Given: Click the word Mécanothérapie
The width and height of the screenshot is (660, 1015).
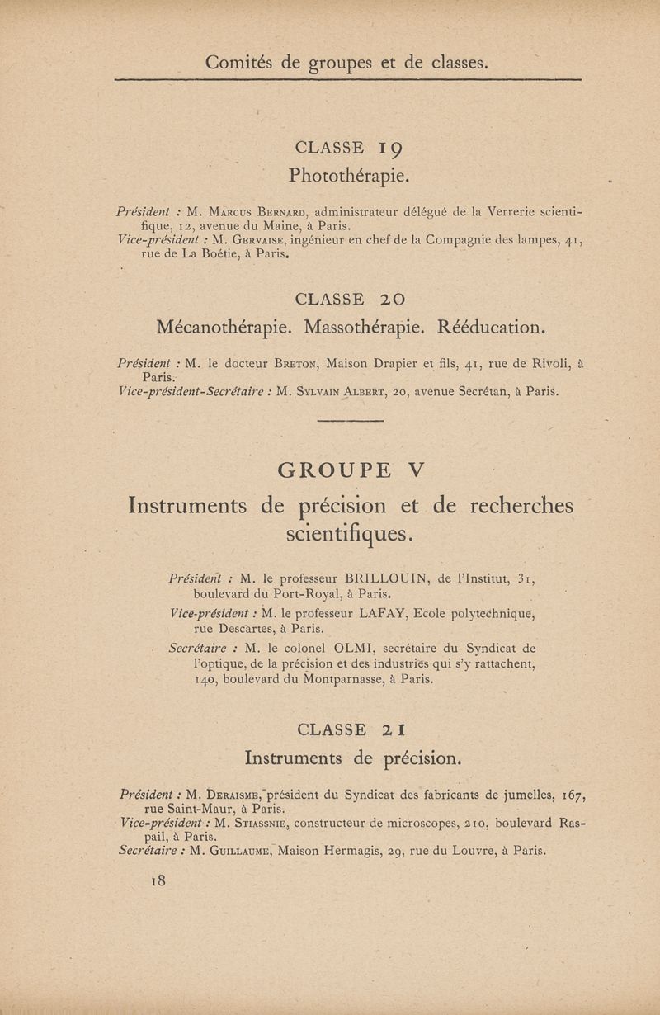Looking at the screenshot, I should click(225, 327).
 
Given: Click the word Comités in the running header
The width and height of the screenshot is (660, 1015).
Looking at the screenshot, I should click(240, 62).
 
